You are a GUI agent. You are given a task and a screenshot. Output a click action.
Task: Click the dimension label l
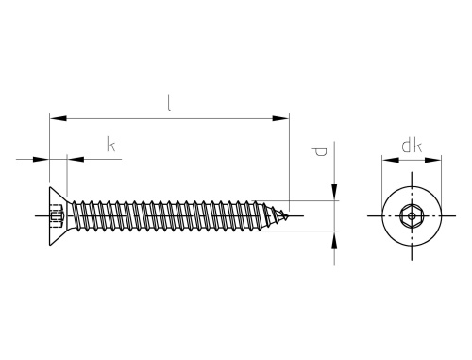pyautogui.click(x=169, y=103)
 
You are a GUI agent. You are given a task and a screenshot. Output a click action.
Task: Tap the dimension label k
pyautogui.click(x=110, y=145)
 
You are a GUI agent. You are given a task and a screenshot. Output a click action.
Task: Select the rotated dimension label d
pyautogui.click(x=319, y=152)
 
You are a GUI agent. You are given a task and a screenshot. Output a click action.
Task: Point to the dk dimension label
pyautogui.click(x=412, y=146)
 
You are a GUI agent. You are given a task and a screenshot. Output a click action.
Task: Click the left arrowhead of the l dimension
pyautogui.click(x=59, y=118)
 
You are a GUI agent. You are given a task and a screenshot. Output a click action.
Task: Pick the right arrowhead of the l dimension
pyautogui.click(x=280, y=118)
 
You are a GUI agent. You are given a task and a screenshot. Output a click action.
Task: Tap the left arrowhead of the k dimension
pyautogui.click(x=41, y=159)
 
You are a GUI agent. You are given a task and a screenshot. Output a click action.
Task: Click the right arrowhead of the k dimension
pyautogui.click(x=76, y=159)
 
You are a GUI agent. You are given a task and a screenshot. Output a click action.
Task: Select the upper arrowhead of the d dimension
pyautogui.click(x=334, y=192)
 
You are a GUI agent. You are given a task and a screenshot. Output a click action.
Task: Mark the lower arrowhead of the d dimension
pyautogui.click(x=334, y=239)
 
